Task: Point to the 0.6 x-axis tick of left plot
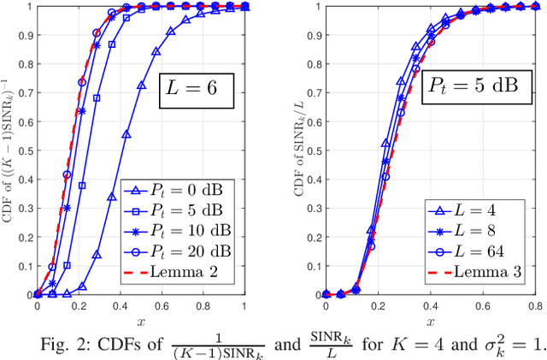click(162, 305)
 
